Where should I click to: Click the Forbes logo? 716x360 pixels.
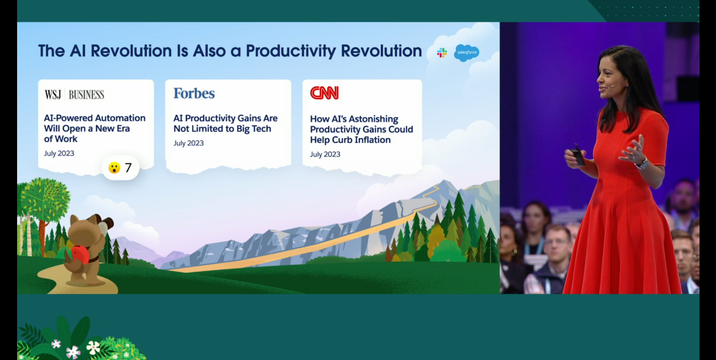194,93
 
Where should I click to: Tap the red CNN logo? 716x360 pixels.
324,93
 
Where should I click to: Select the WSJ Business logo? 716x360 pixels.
75,95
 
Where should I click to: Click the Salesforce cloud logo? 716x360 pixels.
467,53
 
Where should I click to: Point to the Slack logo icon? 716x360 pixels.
441,53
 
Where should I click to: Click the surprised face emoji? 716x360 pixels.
114,168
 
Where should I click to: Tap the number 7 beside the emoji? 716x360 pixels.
128,168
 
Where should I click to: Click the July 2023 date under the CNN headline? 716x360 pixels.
325,154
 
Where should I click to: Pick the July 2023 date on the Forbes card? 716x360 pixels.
188,143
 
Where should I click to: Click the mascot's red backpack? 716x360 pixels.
80,254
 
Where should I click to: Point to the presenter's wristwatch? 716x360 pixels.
641,163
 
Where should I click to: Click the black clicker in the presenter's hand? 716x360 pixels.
577,156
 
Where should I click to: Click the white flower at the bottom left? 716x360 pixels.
93,347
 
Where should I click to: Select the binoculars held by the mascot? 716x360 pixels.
105,225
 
